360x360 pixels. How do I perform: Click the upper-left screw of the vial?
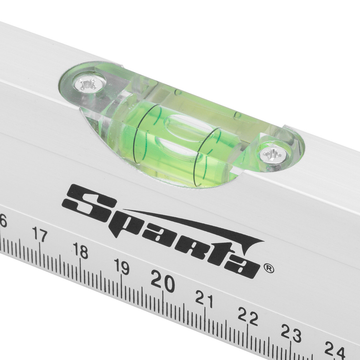coord(88,84)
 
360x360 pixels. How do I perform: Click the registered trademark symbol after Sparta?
coord(269,268)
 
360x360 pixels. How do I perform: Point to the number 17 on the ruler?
coord(39,234)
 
